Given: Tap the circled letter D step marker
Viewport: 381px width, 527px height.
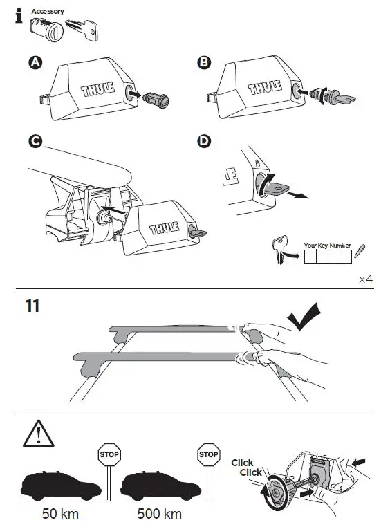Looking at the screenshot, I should pos(203,142).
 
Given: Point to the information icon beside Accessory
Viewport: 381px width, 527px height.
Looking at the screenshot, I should pos(18,15).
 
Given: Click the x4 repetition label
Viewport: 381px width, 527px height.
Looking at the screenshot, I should pos(366,279).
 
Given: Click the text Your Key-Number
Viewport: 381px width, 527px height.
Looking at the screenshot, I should pos(327,245).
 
